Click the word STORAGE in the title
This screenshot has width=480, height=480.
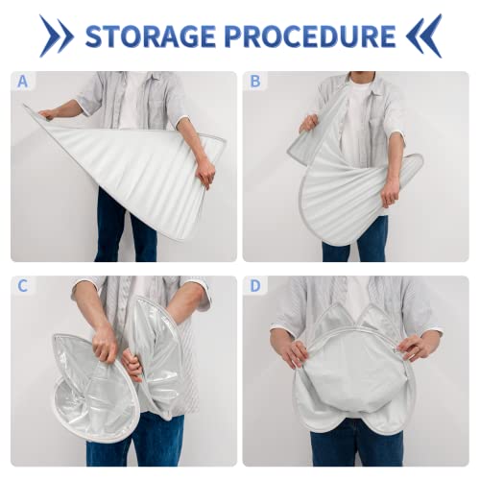150,36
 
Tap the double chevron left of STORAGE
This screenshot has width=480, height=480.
57,36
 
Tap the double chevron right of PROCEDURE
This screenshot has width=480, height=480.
423,36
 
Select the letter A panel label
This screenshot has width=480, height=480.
22,82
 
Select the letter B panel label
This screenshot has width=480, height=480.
255,82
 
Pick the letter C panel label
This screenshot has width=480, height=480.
22,286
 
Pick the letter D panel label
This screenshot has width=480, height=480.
255,286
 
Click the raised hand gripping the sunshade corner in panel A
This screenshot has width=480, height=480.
48,114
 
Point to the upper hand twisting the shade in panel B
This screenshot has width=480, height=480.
308,124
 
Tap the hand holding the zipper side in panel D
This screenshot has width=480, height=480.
415,348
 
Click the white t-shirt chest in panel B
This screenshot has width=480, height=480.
358,122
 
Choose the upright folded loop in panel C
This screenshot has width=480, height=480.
157,355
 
